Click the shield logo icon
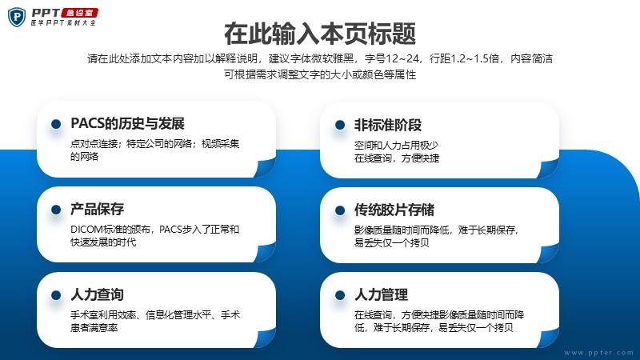(x=17, y=18)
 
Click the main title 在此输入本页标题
(x=320, y=34)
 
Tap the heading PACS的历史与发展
(x=127, y=123)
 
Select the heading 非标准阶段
(x=388, y=125)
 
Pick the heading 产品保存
(x=97, y=209)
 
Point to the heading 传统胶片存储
(x=394, y=210)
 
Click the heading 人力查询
(x=97, y=294)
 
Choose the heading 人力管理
(x=382, y=294)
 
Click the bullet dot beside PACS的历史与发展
(x=56, y=124)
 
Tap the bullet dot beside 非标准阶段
(x=340, y=125)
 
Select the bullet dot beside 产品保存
(x=56, y=210)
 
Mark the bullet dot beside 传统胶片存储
(x=340, y=210)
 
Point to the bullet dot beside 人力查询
(x=56, y=295)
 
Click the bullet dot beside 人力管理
(x=340, y=295)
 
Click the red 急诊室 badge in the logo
(x=79, y=13)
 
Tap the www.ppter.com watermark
(x=598, y=353)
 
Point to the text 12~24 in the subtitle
(x=402, y=58)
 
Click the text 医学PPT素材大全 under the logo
(x=63, y=23)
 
